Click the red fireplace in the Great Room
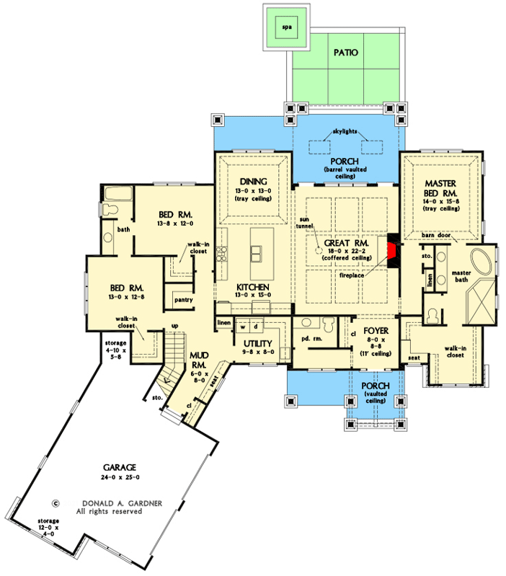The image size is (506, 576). click(x=392, y=250)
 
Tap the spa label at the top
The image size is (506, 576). click(x=287, y=27)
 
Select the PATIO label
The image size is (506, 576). click(x=345, y=53)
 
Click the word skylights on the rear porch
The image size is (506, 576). click(x=345, y=131)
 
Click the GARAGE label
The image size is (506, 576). click(x=120, y=467)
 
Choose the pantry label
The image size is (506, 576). click(x=184, y=300)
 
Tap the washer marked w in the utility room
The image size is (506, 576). click(x=243, y=326)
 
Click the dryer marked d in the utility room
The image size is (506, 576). click(x=256, y=326)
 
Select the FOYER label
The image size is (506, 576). click(x=376, y=331)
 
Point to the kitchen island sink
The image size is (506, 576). click(x=256, y=254)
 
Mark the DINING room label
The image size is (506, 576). click(x=254, y=182)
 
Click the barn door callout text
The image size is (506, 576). click(x=436, y=235)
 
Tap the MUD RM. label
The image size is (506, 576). click(x=199, y=360)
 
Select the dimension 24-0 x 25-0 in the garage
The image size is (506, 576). click(x=120, y=477)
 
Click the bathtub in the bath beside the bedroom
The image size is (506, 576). click(x=118, y=193)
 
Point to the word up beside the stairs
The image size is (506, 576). click(x=175, y=326)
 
